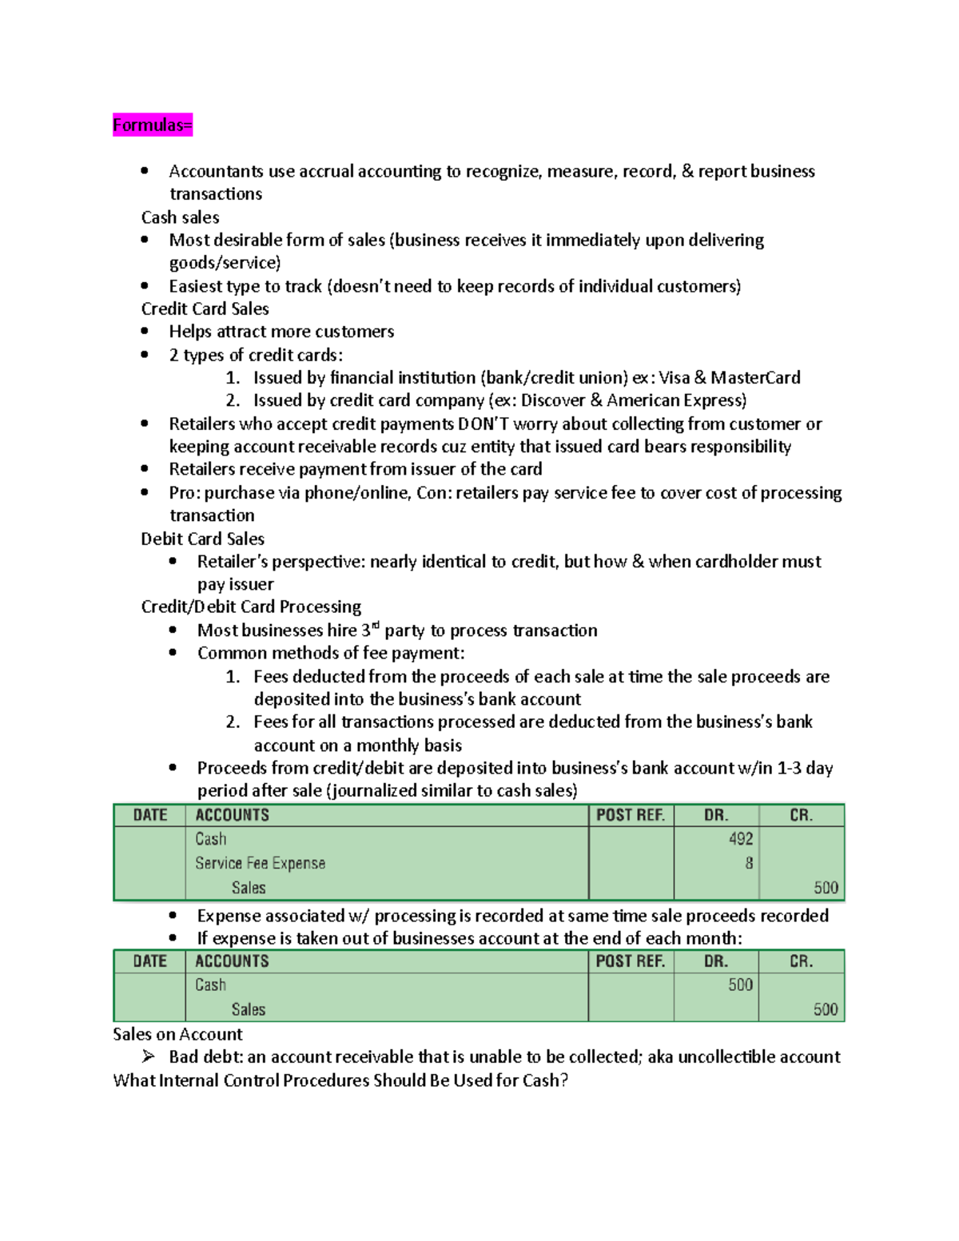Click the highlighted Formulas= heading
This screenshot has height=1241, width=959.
[153, 125]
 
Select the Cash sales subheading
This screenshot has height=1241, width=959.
[180, 217]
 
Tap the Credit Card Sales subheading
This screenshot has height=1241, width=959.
[205, 308]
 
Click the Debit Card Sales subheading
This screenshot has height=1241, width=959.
[202, 539]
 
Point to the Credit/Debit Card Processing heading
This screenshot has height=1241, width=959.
[251, 607]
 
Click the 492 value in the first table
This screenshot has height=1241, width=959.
[740, 839]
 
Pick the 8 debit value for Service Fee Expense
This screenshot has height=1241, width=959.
[749, 863]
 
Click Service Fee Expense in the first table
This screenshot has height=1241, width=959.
[260, 863]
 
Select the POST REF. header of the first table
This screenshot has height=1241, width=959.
[631, 815]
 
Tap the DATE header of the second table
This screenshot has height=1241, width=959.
[150, 961]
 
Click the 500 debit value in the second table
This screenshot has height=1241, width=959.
[740, 985]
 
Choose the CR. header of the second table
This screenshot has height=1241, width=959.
[801, 961]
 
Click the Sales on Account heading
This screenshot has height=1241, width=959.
[177, 1034]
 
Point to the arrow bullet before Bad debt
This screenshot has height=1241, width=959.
[149, 1056]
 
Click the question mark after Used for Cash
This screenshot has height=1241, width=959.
[564, 1080]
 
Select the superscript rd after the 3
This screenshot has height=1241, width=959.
[376, 626]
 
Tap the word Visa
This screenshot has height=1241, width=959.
[674, 377]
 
